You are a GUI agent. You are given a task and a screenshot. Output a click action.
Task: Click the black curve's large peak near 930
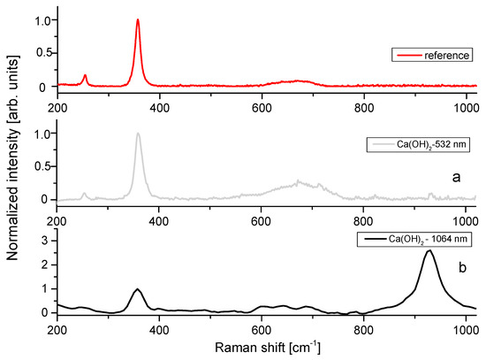point(429,251)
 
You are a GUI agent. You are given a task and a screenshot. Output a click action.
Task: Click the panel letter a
point(456,177)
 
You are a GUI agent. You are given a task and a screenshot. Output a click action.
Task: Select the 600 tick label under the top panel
point(262,108)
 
